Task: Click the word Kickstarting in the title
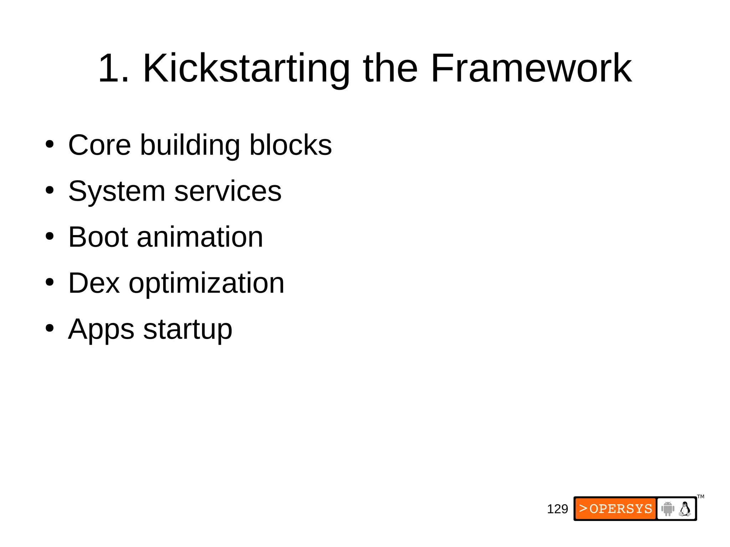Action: pos(246,68)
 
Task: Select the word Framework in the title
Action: pos(531,68)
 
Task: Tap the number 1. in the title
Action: pos(114,68)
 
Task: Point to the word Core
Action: pos(99,145)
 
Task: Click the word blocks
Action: pos(291,145)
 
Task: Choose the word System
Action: pos(117,191)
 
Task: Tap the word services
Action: pos(228,191)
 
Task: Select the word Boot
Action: pos(98,237)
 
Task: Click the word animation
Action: pos(200,237)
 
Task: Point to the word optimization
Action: pos(206,283)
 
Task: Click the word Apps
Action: pos(101,329)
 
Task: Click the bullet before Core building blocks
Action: pos(50,145)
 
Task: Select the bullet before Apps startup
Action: pos(50,328)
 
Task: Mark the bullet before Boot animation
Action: pos(50,236)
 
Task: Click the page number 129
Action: pos(557,509)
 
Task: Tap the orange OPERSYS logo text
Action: pos(616,509)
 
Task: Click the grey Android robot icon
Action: pos(668,509)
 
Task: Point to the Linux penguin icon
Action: pos(685,509)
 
